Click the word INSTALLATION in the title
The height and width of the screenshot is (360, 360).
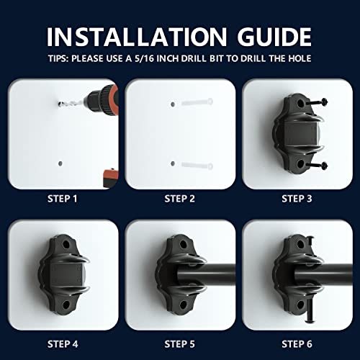[137, 37]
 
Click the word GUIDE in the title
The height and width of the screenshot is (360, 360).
[274, 37]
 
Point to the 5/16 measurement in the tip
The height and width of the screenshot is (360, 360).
[144, 58]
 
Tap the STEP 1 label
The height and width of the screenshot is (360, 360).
[63, 199]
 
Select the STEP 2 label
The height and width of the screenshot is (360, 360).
[179, 199]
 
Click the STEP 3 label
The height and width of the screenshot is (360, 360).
[297, 199]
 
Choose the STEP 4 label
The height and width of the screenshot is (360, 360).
[63, 344]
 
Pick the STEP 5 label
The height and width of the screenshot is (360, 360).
[179, 344]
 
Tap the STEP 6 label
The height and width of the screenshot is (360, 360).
[297, 344]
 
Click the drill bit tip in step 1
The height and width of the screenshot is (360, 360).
[59, 104]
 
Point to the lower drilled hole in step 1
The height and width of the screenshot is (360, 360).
[60, 163]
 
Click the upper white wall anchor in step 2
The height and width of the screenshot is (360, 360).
[197, 102]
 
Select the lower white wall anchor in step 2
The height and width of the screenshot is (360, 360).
[197, 166]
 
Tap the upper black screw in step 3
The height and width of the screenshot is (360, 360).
[317, 102]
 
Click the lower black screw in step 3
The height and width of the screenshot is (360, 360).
[317, 165]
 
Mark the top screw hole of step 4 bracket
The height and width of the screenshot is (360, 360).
[66, 245]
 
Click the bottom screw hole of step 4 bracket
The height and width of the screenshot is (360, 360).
[66, 305]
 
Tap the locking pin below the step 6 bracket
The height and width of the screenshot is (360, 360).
[308, 311]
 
